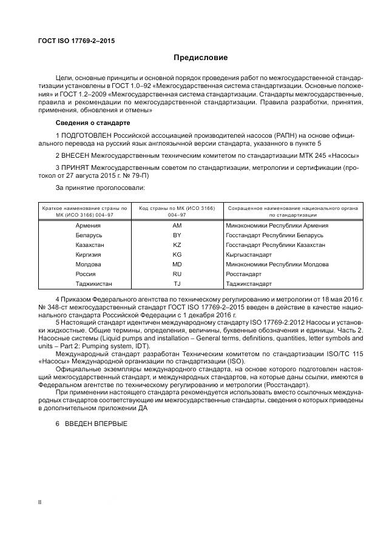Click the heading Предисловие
click(200, 58)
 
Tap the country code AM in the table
click(177, 225)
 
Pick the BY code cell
click(177, 235)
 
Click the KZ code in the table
click(177, 245)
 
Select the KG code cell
click(177, 254)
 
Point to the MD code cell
click(177, 264)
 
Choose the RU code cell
click(177, 274)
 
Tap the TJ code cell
click(177, 283)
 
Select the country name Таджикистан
click(93, 283)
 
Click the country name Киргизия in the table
click(89, 254)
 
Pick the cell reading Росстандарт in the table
click(242, 274)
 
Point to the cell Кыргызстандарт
click(248, 254)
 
